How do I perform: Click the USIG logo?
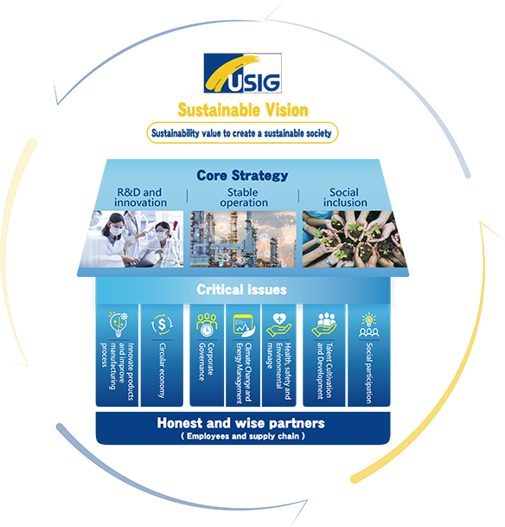pyautogui.click(x=242, y=73)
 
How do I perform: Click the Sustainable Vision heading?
pyautogui.click(x=243, y=110)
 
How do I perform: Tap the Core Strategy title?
pyautogui.click(x=242, y=175)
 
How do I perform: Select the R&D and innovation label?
pyautogui.click(x=140, y=197)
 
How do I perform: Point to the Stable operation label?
pyautogui.click(x=244, y=197)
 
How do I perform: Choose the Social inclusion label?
pyautogui.click(x=345, y=197)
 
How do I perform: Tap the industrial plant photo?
pyautogui.click(x=243, y=239)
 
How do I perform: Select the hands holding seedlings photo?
pyautogui.click(x=355, y=239)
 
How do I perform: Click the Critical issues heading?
pyautogui.click(x=242, y=290)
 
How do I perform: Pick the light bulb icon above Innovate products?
pyautogui.click(x=118, y=324)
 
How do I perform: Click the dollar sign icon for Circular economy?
pyautogui.click(x=162, y=325)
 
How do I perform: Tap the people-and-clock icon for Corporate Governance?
pyautogui.click(x=207, y=325)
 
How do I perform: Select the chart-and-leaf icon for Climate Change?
pyautogui.click(x=244, y=325)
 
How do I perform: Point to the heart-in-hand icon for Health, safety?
pyautogui.click(x=278, y=325)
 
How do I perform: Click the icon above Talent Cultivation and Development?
pyautogui.click(x=324, y=325)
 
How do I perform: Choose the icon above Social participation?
pyautogui.click(x=368, y=325)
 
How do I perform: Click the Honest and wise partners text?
pyautogui.click(x=240, y=423)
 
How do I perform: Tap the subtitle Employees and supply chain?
pyautogui.click(x=243, y=436)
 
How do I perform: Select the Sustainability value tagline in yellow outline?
pyautogui.click(x=242, y=133)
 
